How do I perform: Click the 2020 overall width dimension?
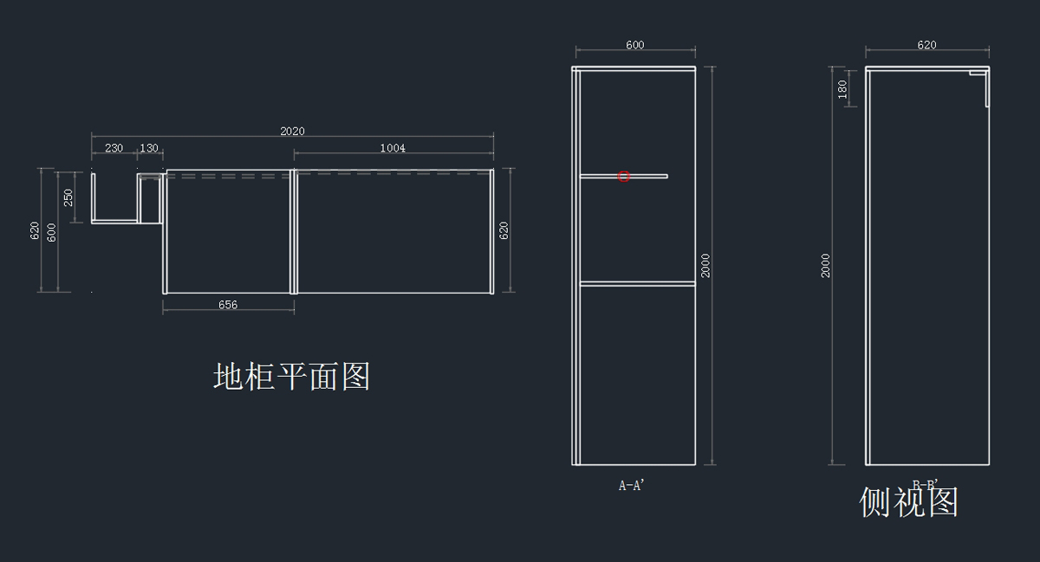[292, 132]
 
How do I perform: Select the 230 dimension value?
[114, 148]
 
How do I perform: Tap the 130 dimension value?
[149, 148]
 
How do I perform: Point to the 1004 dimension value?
[393, 148]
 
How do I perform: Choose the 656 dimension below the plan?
[228, 305]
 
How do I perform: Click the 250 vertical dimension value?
[68, 197]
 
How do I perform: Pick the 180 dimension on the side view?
[842, 88]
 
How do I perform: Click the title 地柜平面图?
[292, 377]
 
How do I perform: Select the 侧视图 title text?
[908, 502]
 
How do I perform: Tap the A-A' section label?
[632, 486]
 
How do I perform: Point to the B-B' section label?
[926, 485]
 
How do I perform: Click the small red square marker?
[623, 177]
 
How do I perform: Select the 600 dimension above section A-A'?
[634, 45]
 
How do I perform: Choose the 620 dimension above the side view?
[926, 45]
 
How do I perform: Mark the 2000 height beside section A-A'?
[706, 265]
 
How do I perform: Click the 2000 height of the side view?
[826, 265]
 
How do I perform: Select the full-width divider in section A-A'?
[638, 283]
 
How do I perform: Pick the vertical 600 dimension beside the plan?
[52, 231]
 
